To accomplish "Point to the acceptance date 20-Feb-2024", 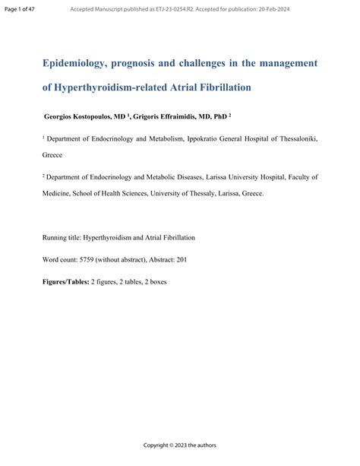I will pos(272,9).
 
